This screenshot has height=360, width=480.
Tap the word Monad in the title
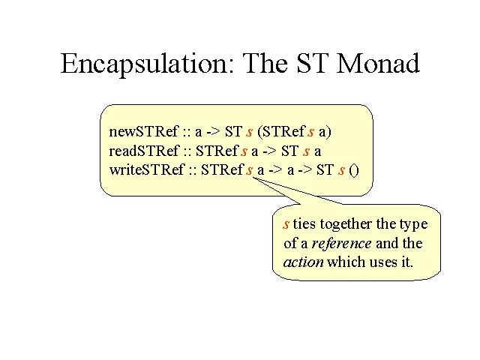pos(378,63)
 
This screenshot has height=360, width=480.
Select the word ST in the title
pos(312,63)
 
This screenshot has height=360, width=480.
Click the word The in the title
pos(265,63)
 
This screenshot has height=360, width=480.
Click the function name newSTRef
pos(143,132)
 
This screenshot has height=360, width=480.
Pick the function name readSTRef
pos(144,151)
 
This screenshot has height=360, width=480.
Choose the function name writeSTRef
pos(147,169)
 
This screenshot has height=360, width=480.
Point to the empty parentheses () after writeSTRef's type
pos(354,170)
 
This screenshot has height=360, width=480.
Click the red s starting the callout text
pos(286,225)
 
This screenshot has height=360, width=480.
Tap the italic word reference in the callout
pos(342,244)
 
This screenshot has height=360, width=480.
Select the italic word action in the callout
pos(303,262)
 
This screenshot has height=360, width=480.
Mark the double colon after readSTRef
pos(187,152)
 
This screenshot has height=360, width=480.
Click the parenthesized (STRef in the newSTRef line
pos(281,132)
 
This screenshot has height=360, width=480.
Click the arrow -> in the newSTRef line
pos(213,133)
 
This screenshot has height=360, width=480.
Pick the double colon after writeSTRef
pos(193,171)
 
